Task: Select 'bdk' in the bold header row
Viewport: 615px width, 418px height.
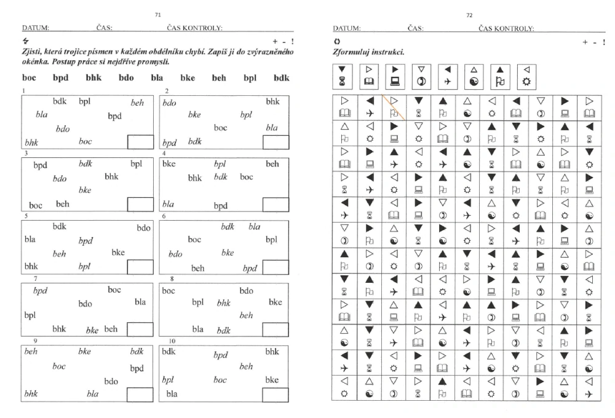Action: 281,79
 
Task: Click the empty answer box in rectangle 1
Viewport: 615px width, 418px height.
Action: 140,143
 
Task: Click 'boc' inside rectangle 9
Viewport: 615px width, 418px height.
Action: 59,366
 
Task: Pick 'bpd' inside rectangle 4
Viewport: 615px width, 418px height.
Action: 221,206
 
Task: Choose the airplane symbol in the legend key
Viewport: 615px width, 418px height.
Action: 448,81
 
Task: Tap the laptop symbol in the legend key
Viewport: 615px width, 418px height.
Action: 395,81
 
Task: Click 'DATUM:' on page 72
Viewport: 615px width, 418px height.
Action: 346,28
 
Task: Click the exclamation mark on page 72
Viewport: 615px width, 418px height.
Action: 604,42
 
